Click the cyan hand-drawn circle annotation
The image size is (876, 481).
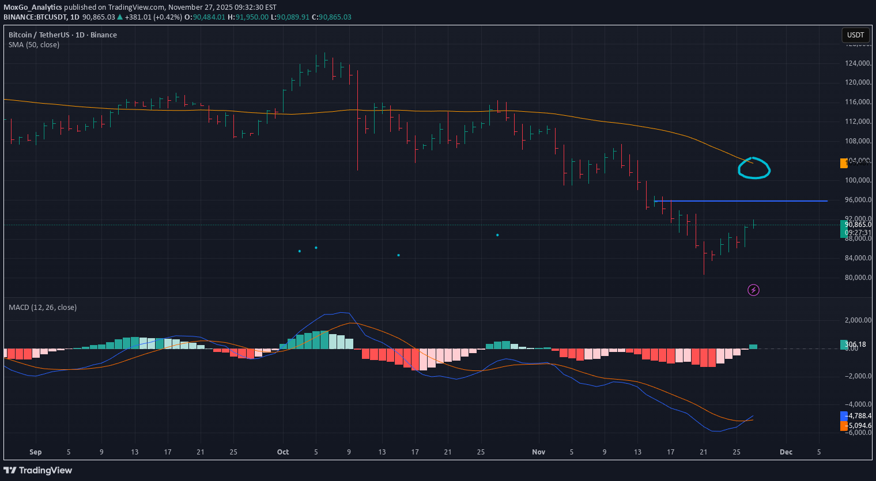754,168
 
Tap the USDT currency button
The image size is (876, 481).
855,35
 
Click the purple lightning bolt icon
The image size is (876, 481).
753,290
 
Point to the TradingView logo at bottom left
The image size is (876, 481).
38,470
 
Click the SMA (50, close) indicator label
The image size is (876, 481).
34,45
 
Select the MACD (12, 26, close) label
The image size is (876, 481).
43,308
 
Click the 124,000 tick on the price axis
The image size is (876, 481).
858,63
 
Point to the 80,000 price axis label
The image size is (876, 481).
858,278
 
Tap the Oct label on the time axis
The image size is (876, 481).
283,452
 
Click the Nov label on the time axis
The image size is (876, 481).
538,452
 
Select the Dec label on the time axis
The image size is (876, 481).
786,452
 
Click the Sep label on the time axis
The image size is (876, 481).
36,452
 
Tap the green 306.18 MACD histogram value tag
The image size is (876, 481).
855,344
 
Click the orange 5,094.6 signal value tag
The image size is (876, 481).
858,426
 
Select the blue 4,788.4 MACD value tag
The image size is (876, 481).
858,416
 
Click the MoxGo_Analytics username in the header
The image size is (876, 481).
33,7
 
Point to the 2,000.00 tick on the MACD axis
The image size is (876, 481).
858,320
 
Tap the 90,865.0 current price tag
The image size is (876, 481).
858,225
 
